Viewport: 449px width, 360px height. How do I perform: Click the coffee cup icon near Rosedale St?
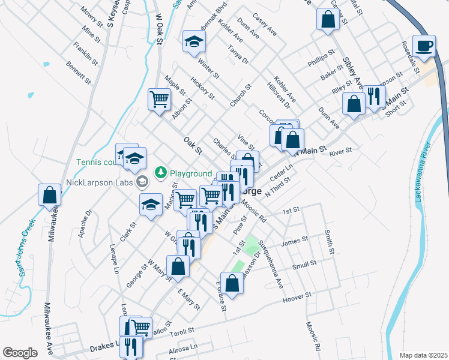(425, 46)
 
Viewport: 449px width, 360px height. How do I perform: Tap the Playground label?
(191, 173)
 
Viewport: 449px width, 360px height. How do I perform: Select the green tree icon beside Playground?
(161, 173)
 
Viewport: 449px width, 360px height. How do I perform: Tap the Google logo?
(20, 352)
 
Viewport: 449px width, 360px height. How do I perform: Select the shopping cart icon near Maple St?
(159, 98)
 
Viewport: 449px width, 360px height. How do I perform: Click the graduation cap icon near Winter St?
(194, 41)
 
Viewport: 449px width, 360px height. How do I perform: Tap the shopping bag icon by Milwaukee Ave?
(49, 194)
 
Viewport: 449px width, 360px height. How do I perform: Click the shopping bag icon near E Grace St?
(232, 283)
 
